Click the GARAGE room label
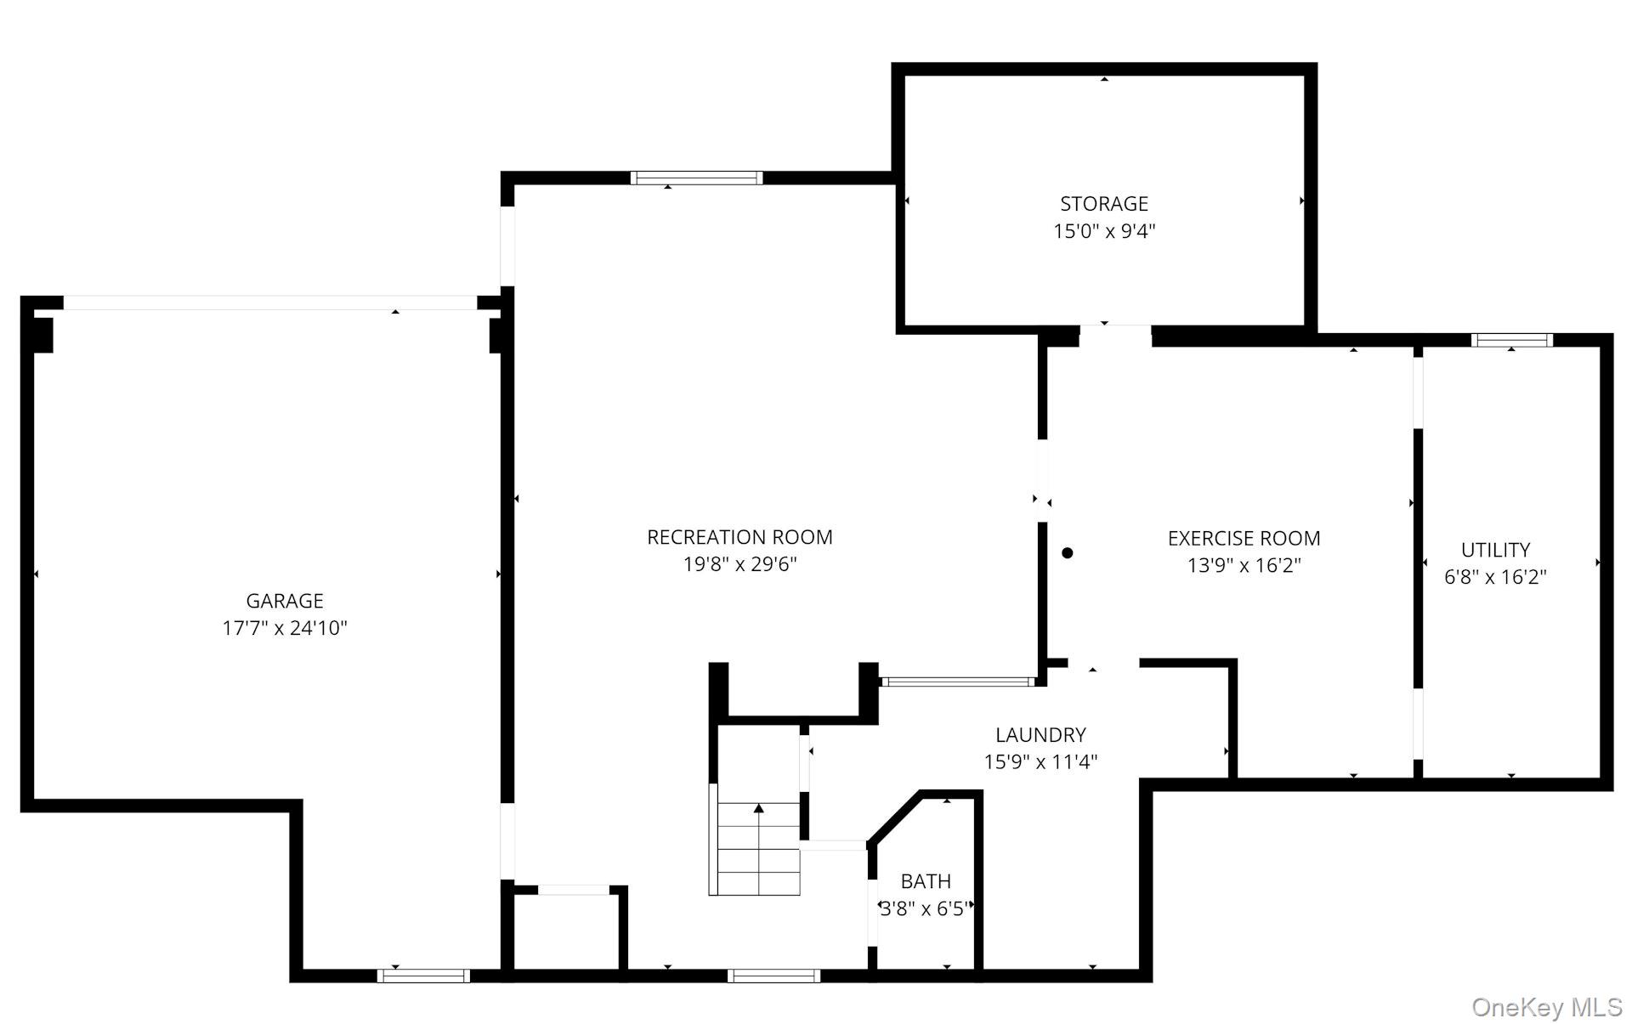coord(285,601)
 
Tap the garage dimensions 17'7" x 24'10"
coord(285,629)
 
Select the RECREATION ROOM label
coord(739,537)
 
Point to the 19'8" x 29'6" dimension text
coord(739,564)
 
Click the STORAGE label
coord(1103,204)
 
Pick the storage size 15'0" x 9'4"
coord(1103,231)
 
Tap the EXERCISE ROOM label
coord(1244,538)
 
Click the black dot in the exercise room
coord(1068,552)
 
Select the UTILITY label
coord(1495,550)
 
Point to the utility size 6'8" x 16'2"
coord(1495,577)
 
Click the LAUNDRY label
coord(1040,734)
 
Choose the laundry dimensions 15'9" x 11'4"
coord(1040,761)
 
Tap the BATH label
coord(926,881)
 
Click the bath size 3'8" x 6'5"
coord(925,909)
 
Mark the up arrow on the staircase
coord(759,809)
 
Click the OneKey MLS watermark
coord(1546,1007)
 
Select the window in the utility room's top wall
coord(1512,340)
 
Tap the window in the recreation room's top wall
coord(696,178)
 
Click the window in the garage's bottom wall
coord(423,976)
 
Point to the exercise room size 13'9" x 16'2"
coord(1244,565)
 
